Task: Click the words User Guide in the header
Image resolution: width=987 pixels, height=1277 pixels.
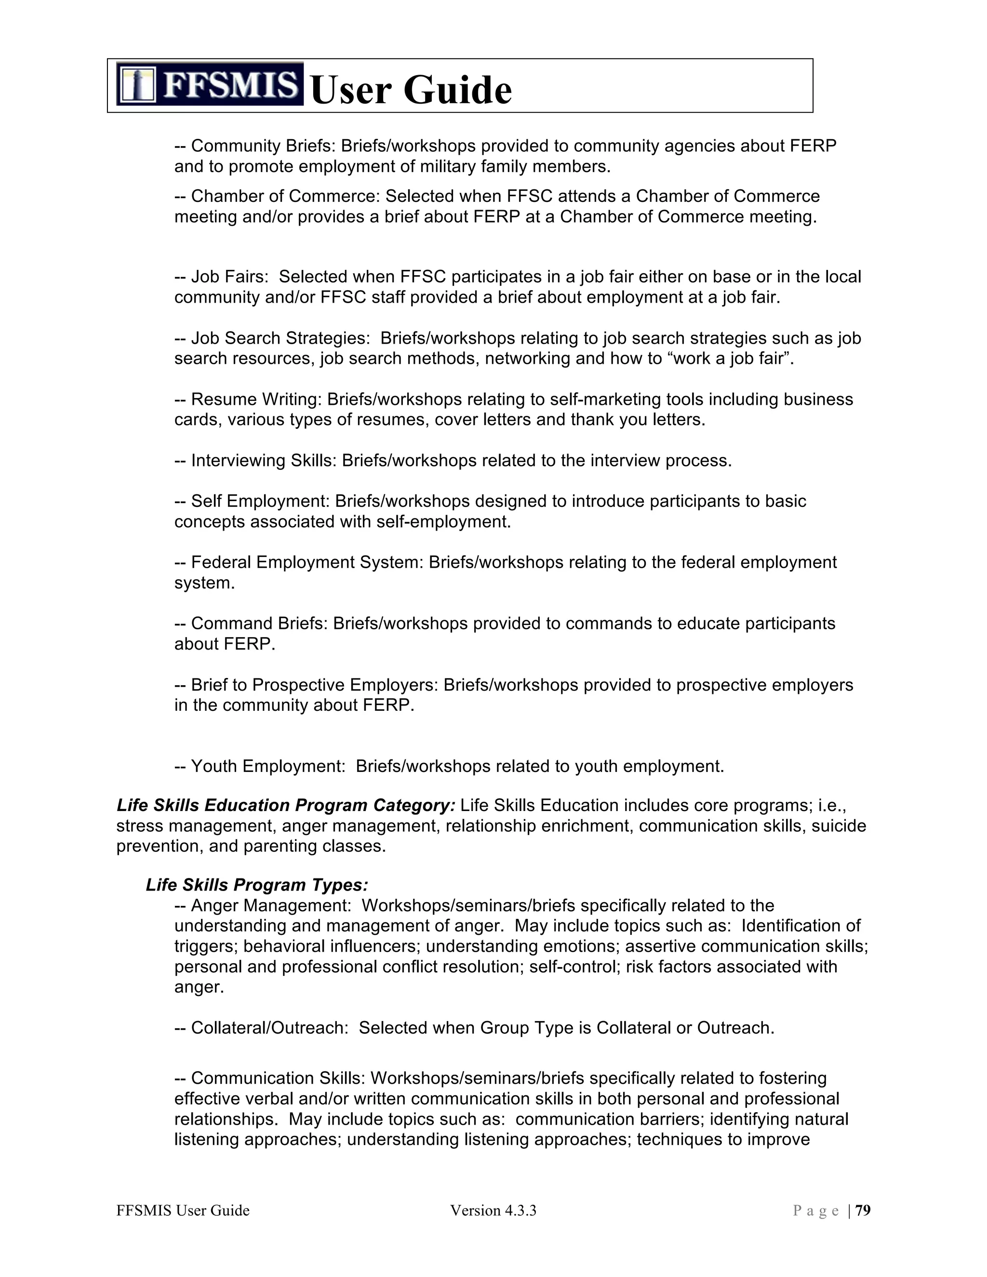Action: (x=411, y=90)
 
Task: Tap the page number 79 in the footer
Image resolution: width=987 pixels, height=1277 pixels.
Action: (x=863, y=1210)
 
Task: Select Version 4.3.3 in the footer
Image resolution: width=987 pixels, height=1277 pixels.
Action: (x=493, y=1210)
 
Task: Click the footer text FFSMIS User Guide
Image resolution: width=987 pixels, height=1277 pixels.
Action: (x=183, y=1210)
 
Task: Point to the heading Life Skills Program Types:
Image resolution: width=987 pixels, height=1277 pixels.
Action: (x=257, y=885)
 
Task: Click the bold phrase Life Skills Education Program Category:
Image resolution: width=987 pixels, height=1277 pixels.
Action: (x=286, y=805)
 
